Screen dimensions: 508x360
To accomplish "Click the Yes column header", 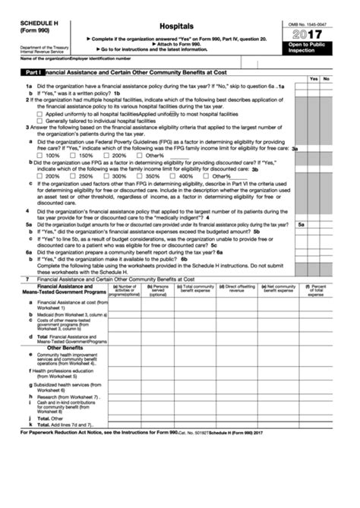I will tap(313, 79).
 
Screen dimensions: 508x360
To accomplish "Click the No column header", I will tap(326, 79).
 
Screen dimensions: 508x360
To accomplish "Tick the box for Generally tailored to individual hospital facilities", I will tap(28, 121).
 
